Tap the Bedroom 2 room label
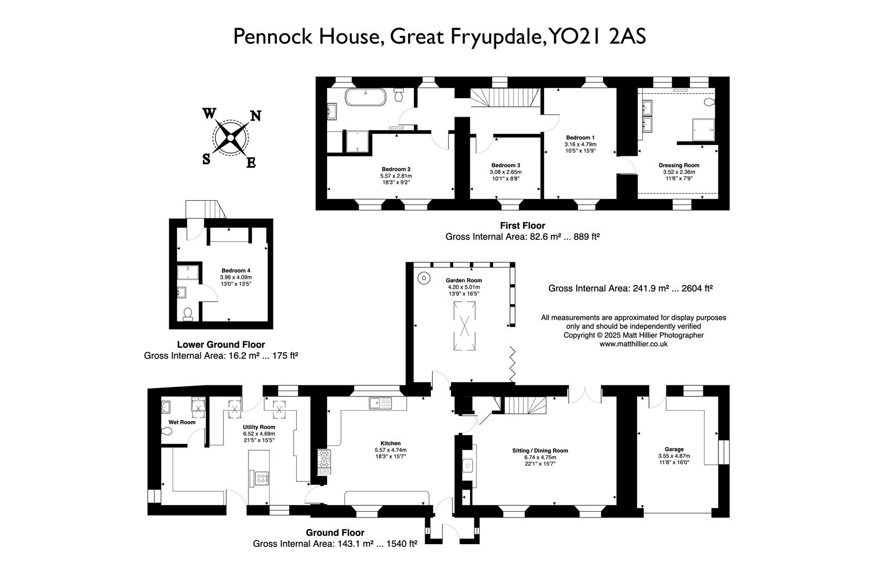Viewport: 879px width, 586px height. [396, 168]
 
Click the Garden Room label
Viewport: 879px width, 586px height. [463, 281]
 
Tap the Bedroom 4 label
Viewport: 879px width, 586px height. [235, 270]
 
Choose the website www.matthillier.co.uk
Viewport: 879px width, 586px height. [633, 343]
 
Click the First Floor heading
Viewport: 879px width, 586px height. [522, 226]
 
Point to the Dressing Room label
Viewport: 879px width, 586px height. [679, 165]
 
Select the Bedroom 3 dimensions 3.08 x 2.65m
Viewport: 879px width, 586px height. [506, 172]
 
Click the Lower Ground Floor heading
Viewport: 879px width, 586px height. [221, 345]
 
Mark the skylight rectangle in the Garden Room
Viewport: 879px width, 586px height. [464, 326]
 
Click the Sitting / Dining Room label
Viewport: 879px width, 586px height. [540, 450]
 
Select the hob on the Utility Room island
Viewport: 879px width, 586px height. [261, 479]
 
